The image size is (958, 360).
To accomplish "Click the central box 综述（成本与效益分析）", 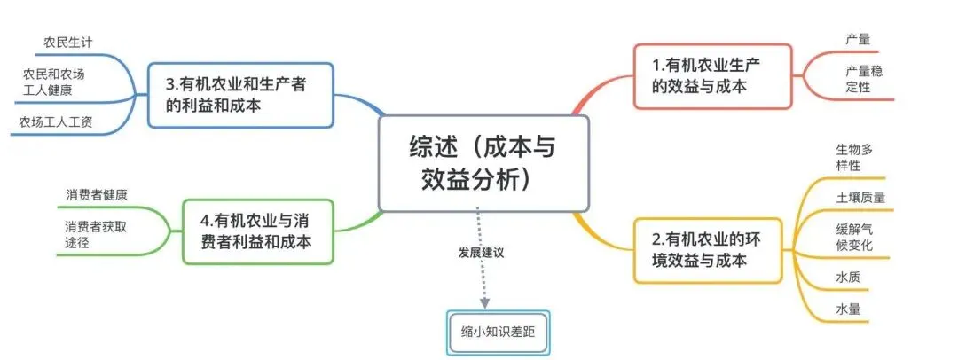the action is pyautogui.click(x=483, y=163).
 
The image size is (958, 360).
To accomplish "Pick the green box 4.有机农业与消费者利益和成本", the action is pyautogui.click(x=258, y=231).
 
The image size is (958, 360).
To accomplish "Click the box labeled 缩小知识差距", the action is pyautogui.click(x=499, y=333).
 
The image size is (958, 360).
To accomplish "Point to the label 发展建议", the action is pyautogui.click(x=481, y=253).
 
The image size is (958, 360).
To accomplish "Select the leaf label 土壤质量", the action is pyautogui.click(x=860, y=197).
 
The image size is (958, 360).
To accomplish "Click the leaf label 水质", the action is pyautogui.click(x=847, y=277).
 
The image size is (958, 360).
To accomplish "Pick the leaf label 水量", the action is pyautogui.click(x=847, y=309).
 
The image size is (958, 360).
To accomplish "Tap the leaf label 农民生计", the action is pyautogui.click(x=68, y=42).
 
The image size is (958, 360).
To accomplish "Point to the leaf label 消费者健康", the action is pyautogui.click(x=96, y=194).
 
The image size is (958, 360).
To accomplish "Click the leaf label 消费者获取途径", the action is pyautogui.click(x=95, y=234).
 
